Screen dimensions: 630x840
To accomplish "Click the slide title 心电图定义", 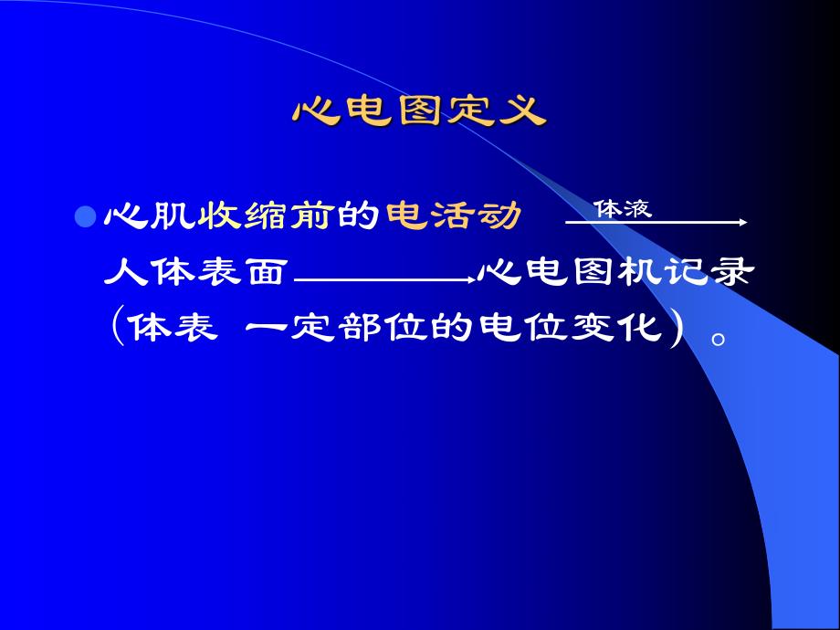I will [419, 112].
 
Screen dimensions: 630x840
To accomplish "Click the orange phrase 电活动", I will [453, 216].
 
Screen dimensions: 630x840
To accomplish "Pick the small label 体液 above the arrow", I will [623, 208].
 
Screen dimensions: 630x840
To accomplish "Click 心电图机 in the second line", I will [572, 271].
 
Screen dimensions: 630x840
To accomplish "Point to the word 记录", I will [709, 271].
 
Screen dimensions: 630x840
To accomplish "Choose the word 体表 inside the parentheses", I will [172, 326].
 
